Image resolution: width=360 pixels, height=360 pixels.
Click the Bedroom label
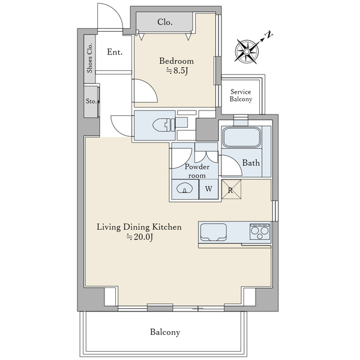pos(176,61)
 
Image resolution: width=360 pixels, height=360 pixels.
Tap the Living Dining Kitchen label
pos(139,227)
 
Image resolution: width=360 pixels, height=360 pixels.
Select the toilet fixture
pos(164,125)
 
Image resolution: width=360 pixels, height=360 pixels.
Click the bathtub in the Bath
pos(242,137)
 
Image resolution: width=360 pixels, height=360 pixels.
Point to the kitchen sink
pos(214,232)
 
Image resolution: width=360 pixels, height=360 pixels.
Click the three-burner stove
pos(260,232)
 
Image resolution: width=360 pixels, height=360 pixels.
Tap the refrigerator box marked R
pos(231,190)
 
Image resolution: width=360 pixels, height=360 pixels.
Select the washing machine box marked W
pos(208,189)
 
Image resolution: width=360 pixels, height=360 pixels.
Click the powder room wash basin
pos(184,188)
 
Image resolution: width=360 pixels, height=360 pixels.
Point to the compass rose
pos(247,51)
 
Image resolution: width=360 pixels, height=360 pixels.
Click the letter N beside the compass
pos(269,35)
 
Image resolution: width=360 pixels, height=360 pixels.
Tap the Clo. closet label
pos(164,22)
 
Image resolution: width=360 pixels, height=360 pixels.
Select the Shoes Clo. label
pos(89,58)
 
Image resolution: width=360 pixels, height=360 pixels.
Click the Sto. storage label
pos(91,101)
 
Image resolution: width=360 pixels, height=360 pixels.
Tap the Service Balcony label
pos(241,95)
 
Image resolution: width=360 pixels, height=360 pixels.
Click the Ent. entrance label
pos(115,52)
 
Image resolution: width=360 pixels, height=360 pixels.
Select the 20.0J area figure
pos(140,237)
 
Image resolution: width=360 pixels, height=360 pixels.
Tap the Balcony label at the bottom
pos(165,332)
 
